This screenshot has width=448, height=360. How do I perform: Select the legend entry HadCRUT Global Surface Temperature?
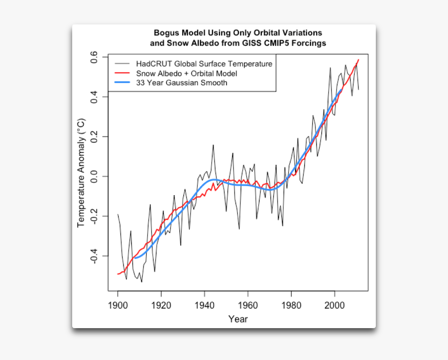pos(204,64)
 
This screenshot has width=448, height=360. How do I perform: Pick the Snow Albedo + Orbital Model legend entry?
pos(187,73)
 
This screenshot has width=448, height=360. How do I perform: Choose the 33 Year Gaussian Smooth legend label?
pos(182,83)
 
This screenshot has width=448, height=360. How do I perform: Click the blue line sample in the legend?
pos(122,83)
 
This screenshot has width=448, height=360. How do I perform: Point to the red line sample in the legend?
pos(122,73)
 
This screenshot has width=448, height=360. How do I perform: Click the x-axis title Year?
pos(238,319)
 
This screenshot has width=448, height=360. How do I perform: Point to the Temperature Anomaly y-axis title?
pos(81,173)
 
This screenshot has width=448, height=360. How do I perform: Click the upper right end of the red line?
pos(358,60)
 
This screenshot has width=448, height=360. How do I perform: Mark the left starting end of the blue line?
pos(135,258)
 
